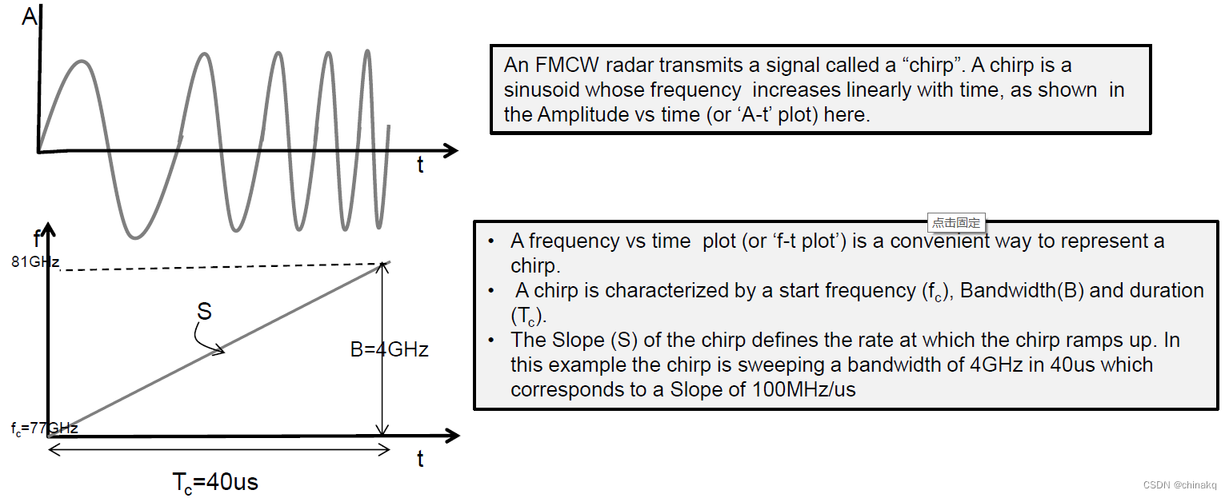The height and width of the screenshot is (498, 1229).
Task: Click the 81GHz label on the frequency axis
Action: tap(35, 261)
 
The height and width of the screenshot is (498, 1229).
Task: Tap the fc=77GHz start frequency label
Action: tap(44, 428)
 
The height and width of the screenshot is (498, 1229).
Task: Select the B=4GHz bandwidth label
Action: tap(390, 349)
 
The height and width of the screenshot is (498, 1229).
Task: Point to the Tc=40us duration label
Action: tap(215, 482)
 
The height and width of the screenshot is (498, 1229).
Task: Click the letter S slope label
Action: tap(205, 311)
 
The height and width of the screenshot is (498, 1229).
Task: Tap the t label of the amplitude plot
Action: tap(420, 165)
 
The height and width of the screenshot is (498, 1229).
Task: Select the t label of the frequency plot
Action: tap(420, 459)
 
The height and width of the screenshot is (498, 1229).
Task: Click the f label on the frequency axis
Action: tap(37, 237)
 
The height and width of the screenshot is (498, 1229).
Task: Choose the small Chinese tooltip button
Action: tap(955, 223)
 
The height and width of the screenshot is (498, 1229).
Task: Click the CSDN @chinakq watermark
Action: tap(1179, 485)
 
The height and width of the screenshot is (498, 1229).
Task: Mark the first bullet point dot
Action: tap(490, 241)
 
